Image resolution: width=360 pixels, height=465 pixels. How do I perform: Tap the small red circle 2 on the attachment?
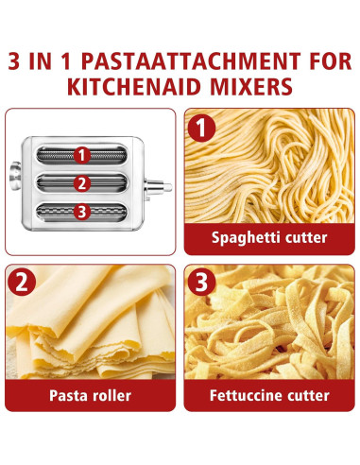(x=83, y=184)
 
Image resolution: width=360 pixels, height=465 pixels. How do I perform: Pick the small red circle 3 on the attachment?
(x=83, y=214)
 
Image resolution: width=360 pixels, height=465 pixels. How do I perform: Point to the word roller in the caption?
(x=111, y=396)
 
